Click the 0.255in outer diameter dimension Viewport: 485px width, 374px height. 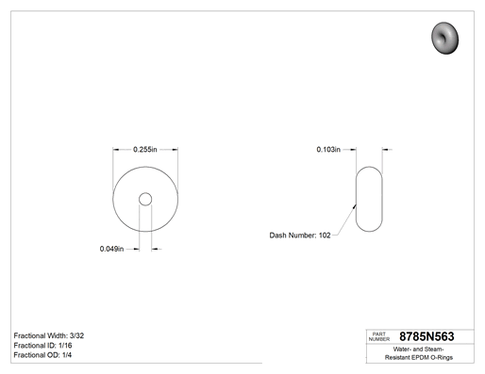click(x=145, y=150)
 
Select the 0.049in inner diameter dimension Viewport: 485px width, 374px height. click(x=111, y=249)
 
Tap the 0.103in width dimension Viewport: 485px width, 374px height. click(x=328, y=150)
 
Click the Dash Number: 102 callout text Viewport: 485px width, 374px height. click(x=300, y=236)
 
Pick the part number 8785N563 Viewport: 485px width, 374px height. click(x=426, y=336)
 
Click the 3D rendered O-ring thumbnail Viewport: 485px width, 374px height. click(x=444, y=38)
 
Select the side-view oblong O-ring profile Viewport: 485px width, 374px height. click(x=356, y=199)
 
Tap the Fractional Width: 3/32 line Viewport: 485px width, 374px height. click(x=49, y=335)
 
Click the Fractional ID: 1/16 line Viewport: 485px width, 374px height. click(x=42, y=346)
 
